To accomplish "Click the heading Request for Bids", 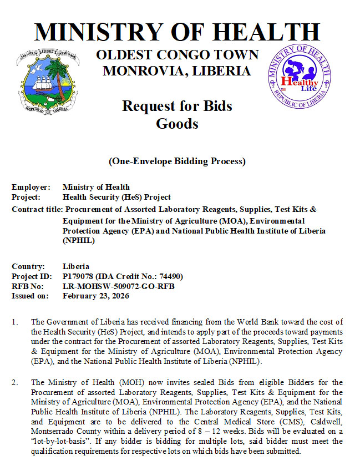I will pos(177,105).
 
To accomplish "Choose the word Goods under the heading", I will pos(177,123).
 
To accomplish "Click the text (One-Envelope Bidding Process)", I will pos(177,161).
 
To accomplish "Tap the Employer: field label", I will pos(31,187).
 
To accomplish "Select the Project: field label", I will pos(27,197).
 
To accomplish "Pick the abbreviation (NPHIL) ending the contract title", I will pos(79,241).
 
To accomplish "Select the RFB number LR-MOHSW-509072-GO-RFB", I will pos(119,286).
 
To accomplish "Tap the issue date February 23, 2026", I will pos(96,296).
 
